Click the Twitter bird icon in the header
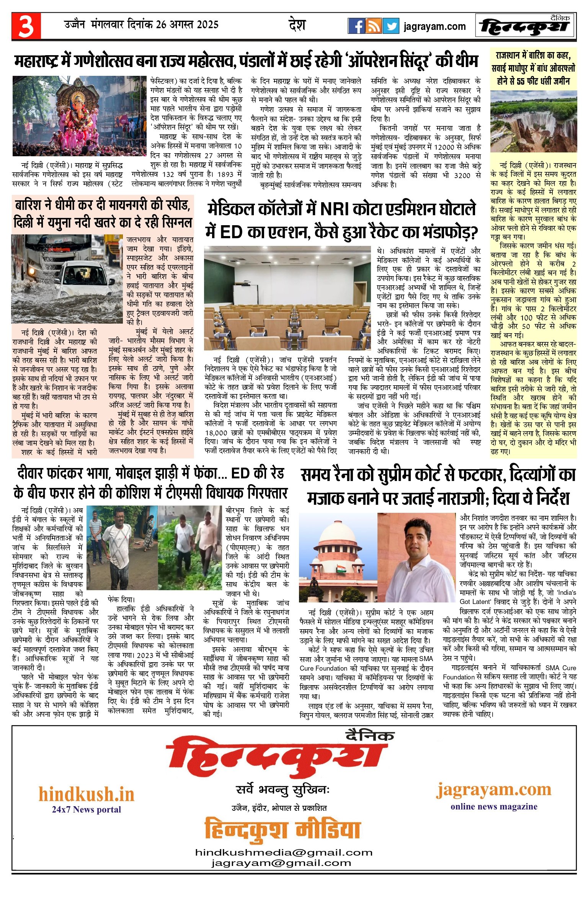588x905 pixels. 391,26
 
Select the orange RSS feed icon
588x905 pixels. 373,26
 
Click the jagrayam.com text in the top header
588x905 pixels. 434,26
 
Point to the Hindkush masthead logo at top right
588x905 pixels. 525,26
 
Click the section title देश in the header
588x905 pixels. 297,25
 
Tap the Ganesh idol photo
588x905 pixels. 80,116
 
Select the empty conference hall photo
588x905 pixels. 287,298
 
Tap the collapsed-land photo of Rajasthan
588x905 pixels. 533,121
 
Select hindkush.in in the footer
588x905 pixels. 87,794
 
